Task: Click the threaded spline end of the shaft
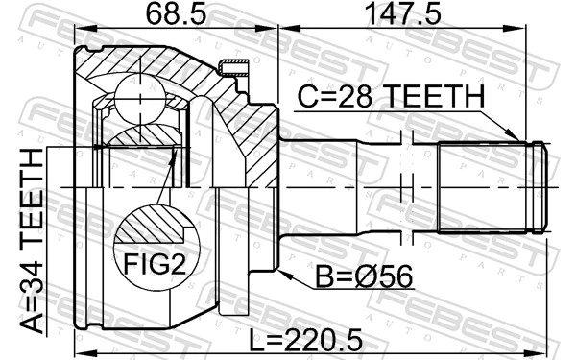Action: pos(490,186)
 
